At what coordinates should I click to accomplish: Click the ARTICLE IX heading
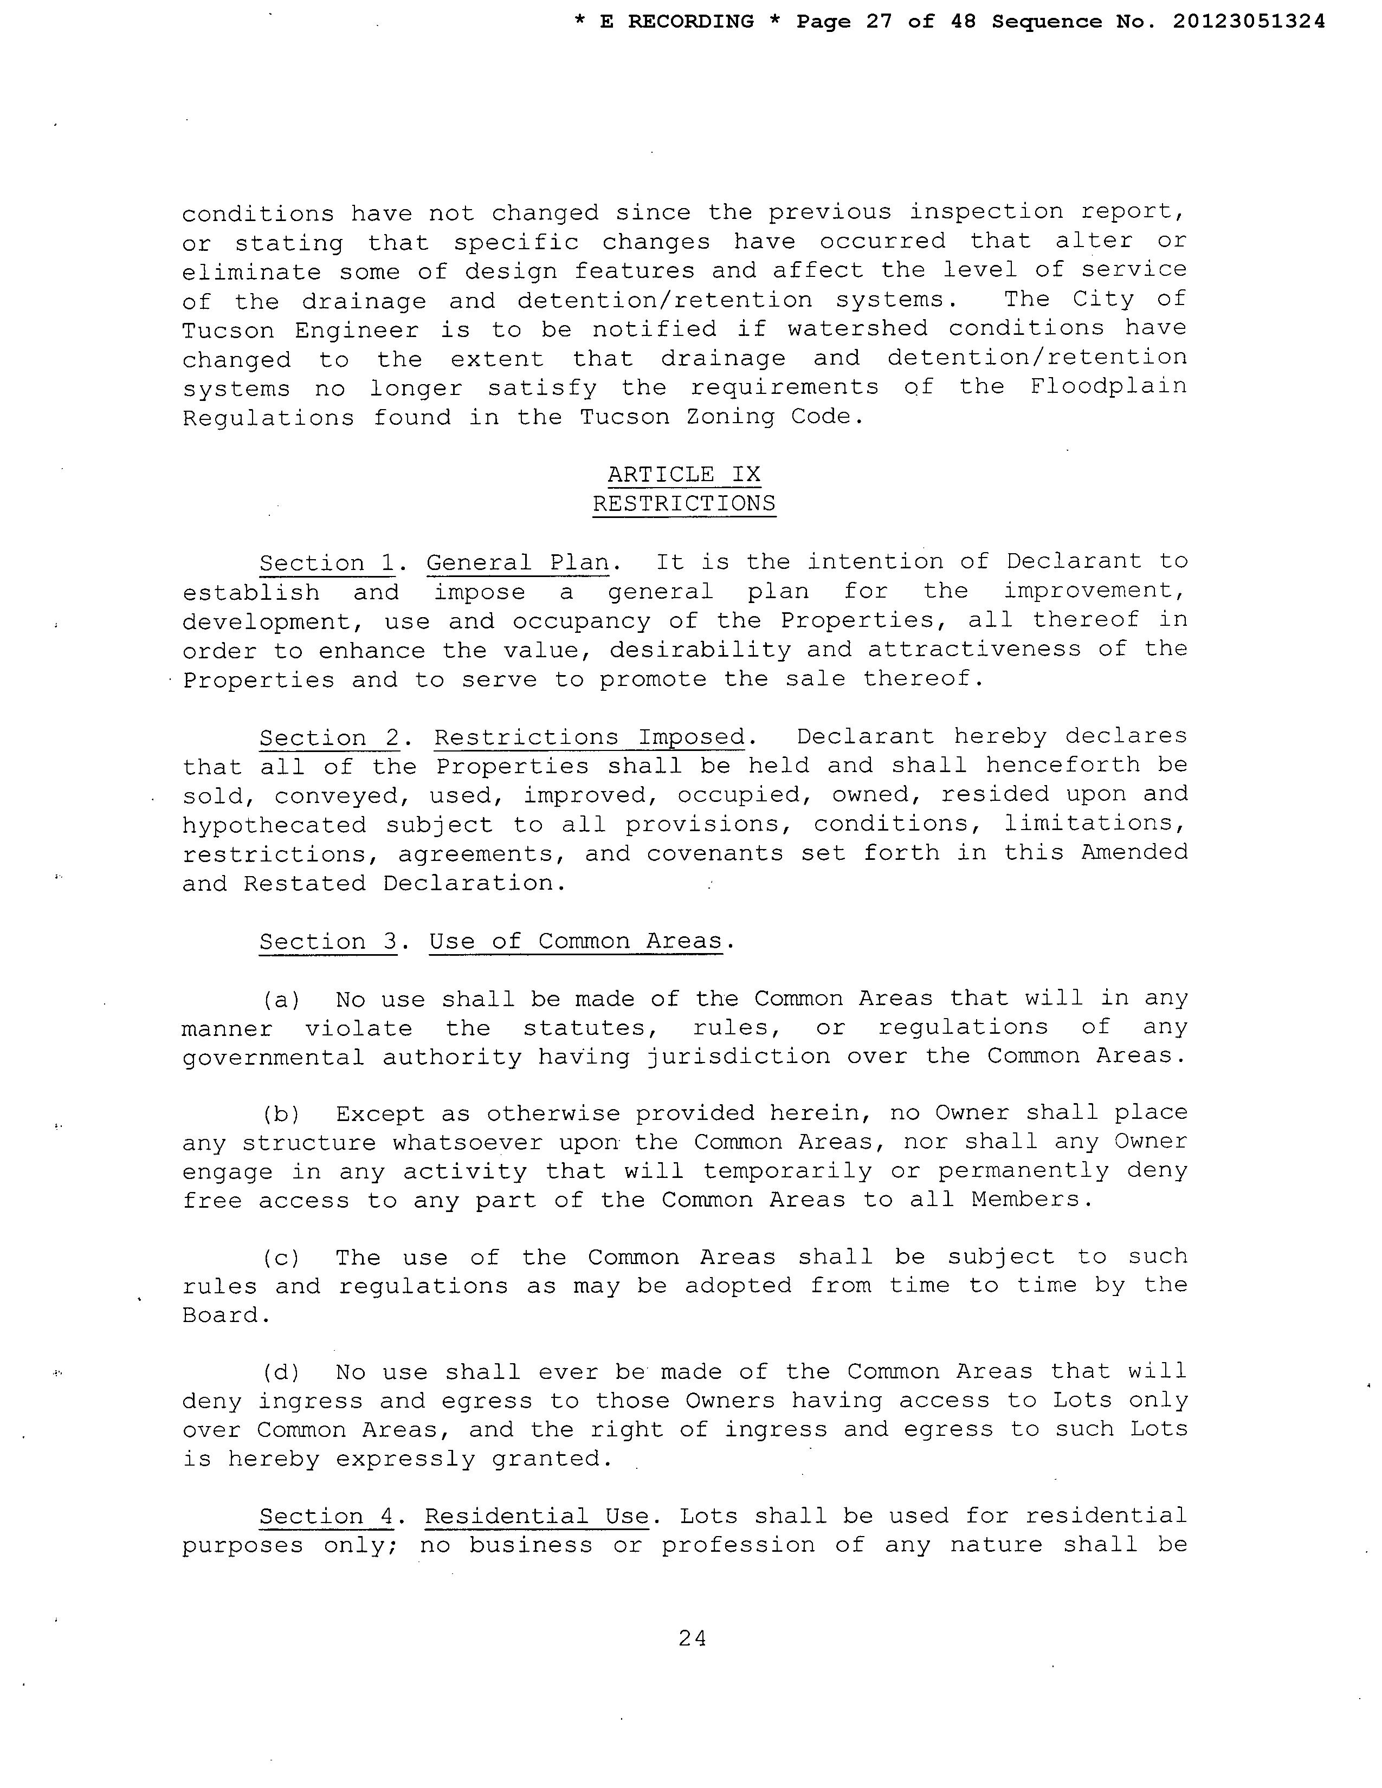(683, 475)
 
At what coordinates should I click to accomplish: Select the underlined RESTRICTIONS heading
(683, 503)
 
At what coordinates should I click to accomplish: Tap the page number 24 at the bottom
(692, 1637)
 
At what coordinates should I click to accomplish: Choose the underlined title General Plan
(518, 563)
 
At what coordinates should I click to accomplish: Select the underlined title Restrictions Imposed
(590, 737)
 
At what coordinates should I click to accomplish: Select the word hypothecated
(274, 825)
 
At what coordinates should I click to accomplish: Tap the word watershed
(858, 328)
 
